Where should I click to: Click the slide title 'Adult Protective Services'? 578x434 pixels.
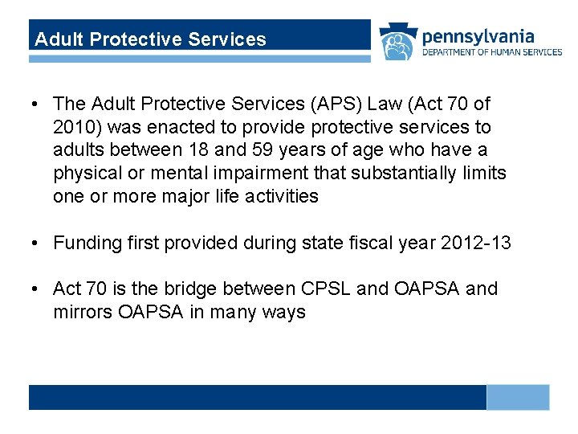(151, 39)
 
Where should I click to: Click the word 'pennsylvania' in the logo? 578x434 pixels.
(478, 35)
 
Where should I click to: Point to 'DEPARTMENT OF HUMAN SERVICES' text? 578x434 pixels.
(492, 52)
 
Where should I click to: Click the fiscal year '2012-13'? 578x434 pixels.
(475, 243)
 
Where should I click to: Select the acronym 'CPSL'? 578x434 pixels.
(321, 289)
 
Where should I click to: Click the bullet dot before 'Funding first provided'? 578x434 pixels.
(37, 243)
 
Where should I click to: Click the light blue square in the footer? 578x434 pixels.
(518, 397)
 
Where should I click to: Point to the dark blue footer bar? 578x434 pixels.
(257, 397)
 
